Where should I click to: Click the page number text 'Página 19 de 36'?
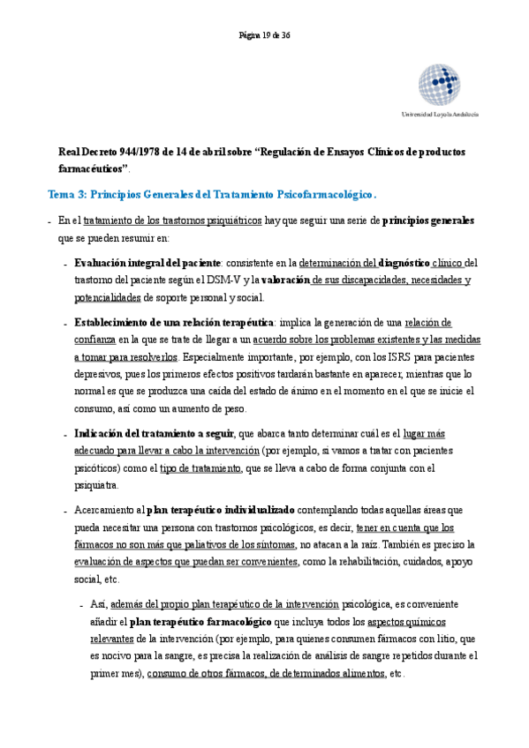pos(264,35)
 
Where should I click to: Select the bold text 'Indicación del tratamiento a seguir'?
pos(154,433)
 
